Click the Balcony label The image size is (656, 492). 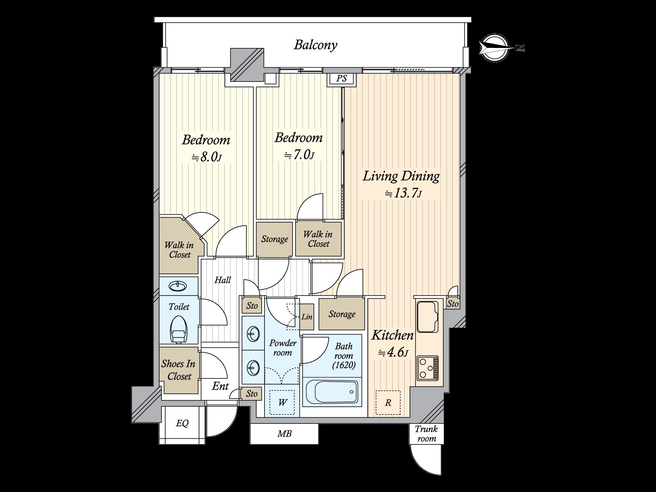tap(316, 46)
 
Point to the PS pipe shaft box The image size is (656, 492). tap(342, 79)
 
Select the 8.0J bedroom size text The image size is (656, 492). tap(207, 157)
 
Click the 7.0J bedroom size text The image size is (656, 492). tap(299, 155)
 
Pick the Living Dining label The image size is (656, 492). tap(401, 176)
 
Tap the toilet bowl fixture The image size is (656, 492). tap(178, 329)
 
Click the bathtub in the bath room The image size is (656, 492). tap(332, 391)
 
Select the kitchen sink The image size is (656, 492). tap(428, 317)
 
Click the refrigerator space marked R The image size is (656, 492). tap(388, 402)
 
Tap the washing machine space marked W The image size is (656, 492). tap(282, 402)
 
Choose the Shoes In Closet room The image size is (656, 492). tap(179, 370)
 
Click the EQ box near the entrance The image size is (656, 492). tap(182, 423)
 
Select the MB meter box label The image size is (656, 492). tap(284, 433)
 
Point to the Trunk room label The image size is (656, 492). tap(426, 434)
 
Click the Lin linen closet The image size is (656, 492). tap(307, 317)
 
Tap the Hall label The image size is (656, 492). tap(223, 280)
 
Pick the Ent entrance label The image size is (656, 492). tap(220, 386)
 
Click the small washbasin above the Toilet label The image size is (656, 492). tap(178, 286)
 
